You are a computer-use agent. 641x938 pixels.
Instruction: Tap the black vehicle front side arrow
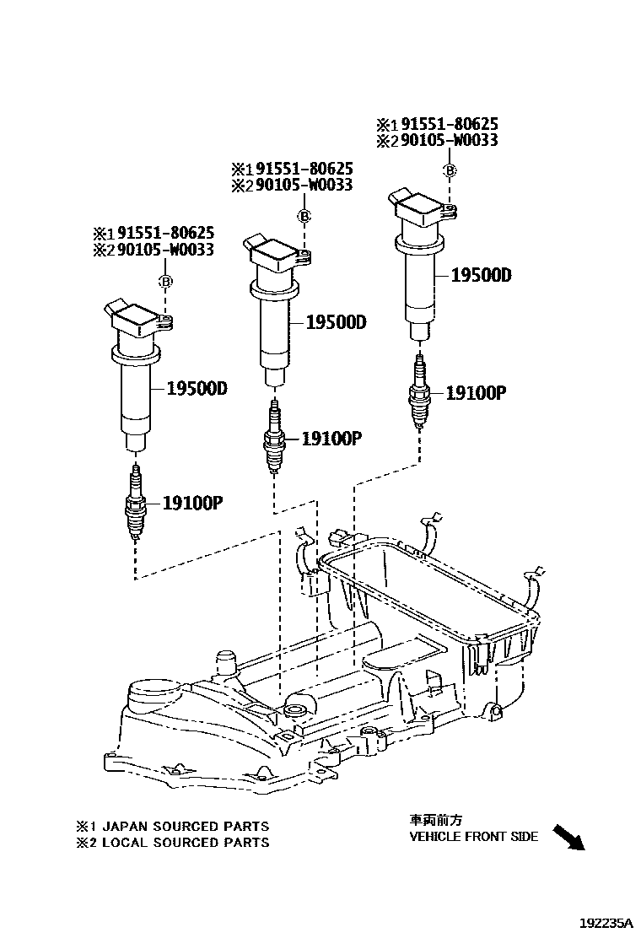tap(568, 838)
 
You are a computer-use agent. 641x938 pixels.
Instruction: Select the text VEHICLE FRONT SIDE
tap(473, 837)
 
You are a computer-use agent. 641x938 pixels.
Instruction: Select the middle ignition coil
tap(275, 308)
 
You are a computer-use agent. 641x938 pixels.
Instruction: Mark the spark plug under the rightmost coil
tap(419, 392)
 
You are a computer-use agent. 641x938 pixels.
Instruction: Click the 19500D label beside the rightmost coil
tap(481, 276)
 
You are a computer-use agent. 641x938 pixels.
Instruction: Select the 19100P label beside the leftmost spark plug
tap(191, 504)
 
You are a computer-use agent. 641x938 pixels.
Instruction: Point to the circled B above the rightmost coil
tap(450, 171)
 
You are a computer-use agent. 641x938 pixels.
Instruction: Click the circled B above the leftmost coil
tap(166, 281)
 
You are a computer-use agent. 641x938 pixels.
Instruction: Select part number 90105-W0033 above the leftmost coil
tap(165, 250)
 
